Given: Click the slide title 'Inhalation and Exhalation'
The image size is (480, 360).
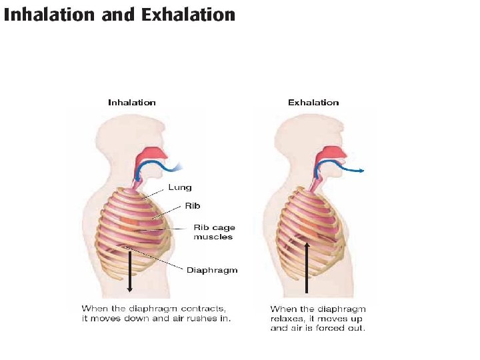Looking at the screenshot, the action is [119, 15].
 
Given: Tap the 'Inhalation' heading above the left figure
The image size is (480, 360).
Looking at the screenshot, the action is [132, 103].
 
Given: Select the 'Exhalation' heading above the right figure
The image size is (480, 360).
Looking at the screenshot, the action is [313, 103].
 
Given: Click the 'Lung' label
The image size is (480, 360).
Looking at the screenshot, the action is [179, 187].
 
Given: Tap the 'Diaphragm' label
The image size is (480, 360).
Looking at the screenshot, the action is [211, 270].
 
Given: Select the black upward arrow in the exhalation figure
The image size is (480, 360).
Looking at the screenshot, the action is [305, 267].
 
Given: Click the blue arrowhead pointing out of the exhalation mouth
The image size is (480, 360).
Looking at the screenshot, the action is [360, 171].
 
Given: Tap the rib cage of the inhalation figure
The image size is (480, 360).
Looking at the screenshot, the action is [133, 227].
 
